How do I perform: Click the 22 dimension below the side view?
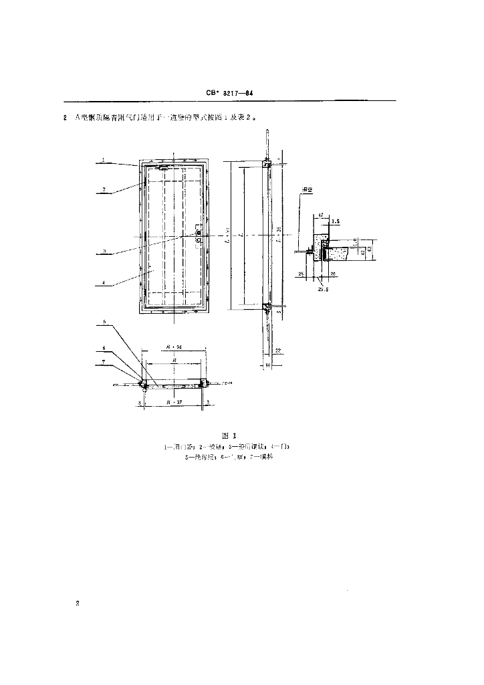276,350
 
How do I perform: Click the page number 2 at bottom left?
78,604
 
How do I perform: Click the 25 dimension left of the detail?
302,274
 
